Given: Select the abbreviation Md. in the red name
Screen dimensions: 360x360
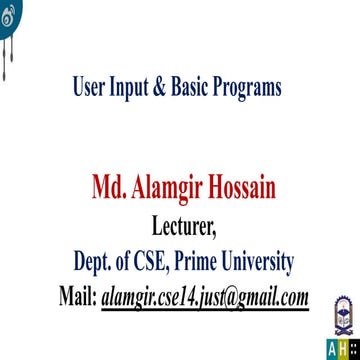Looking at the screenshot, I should pos(107,188).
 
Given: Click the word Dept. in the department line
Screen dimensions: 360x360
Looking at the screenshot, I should pos(95,264).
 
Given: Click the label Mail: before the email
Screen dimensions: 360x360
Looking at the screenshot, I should pos(76,298).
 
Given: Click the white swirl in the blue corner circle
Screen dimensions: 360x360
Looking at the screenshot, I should pos(9,9).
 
